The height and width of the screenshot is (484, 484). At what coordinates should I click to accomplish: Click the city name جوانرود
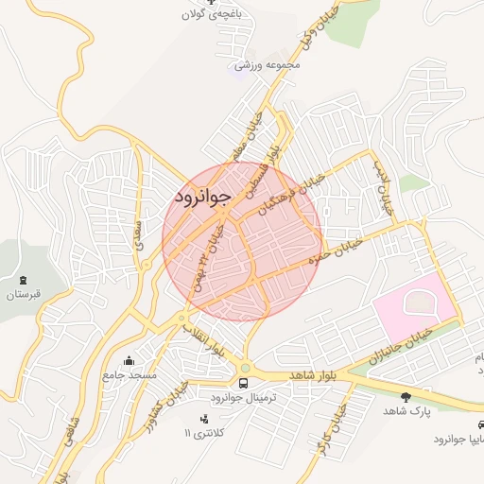(x=201, y=197)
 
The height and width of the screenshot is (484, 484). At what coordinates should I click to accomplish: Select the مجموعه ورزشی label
(x=268, y=65)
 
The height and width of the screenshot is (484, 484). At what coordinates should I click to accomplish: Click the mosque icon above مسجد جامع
(x=129, y=360)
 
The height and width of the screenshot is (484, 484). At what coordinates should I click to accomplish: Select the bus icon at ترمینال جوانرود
(x=245, y=383)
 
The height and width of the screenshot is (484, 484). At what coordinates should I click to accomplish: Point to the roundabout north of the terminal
(x=245, y=368)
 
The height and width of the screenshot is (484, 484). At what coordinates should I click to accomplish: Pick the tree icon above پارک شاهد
(x=406, y=396)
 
